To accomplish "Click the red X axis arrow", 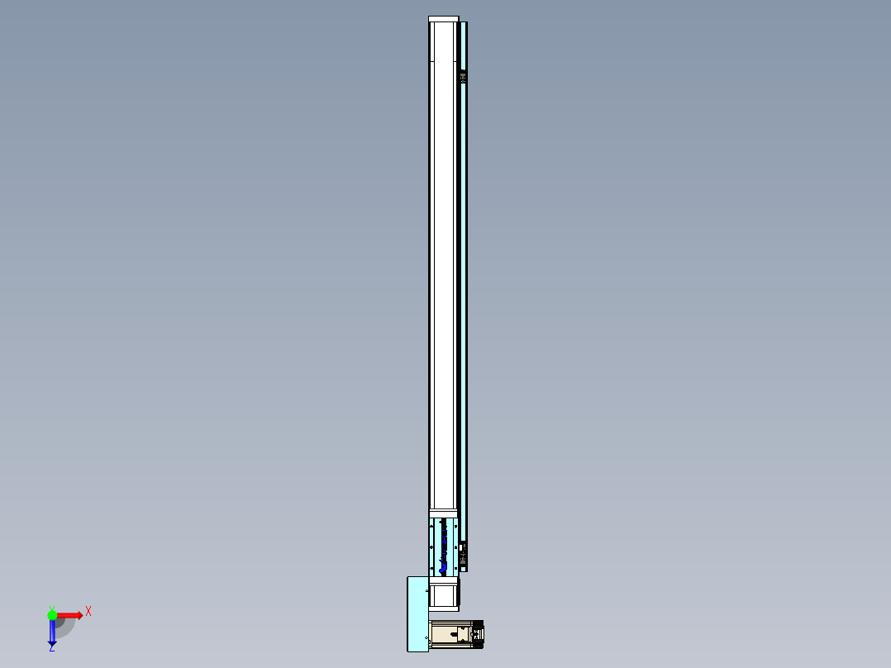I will (x=71, y=615).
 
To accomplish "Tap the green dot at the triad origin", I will (x=52, y=615).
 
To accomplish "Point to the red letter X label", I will (x=88, y=611).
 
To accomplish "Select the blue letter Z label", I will (x=51, y=648).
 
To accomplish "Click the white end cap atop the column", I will (x=443, y=19).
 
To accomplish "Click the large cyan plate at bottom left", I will (x=417, y=613).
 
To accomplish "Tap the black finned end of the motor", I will (x=478, y=633).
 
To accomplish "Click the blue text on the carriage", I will (x=445, y=546).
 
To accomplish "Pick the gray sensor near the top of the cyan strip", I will (x=463, y=77).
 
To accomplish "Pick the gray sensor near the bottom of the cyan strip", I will (x=463, y=551).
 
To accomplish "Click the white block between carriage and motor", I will (x=444, y=594).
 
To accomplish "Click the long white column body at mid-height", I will (x=443, y=289).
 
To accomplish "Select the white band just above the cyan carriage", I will (x=443, y=513).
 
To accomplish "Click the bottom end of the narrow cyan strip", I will (x=464, y=568).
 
